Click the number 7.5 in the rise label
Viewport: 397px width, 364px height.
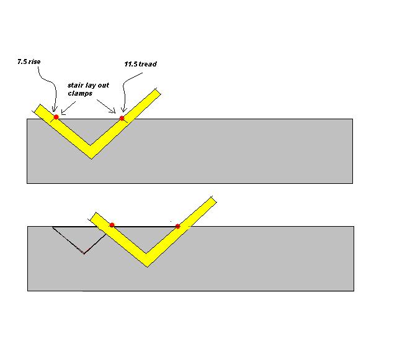click(22, 61)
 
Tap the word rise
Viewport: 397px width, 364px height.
click(35, 61)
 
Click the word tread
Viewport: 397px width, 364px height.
click(148, 64)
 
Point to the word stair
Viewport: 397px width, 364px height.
click(75, 85)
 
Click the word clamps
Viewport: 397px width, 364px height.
click(80, 93)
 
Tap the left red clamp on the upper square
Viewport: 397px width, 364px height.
click(56, 117)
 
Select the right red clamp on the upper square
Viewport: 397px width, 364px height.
click(122, 118)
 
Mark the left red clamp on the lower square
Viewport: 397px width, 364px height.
click(112, 225)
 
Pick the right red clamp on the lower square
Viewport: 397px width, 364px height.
click(178, 226)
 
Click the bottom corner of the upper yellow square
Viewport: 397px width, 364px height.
click(92, 159)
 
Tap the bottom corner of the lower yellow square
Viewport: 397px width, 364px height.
click(147, 267)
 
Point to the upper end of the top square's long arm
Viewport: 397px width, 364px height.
click(158, 91)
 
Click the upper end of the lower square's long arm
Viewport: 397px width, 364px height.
click(213, 199)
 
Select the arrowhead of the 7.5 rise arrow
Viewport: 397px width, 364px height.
click(54, 110)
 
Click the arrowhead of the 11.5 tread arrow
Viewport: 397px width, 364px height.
click(123, 111)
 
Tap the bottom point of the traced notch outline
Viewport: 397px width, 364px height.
click(84, 253)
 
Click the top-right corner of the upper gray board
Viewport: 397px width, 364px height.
click(352, 119)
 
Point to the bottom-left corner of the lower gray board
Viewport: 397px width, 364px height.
click(27, 291)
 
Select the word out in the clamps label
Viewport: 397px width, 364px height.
click(104, 85)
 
